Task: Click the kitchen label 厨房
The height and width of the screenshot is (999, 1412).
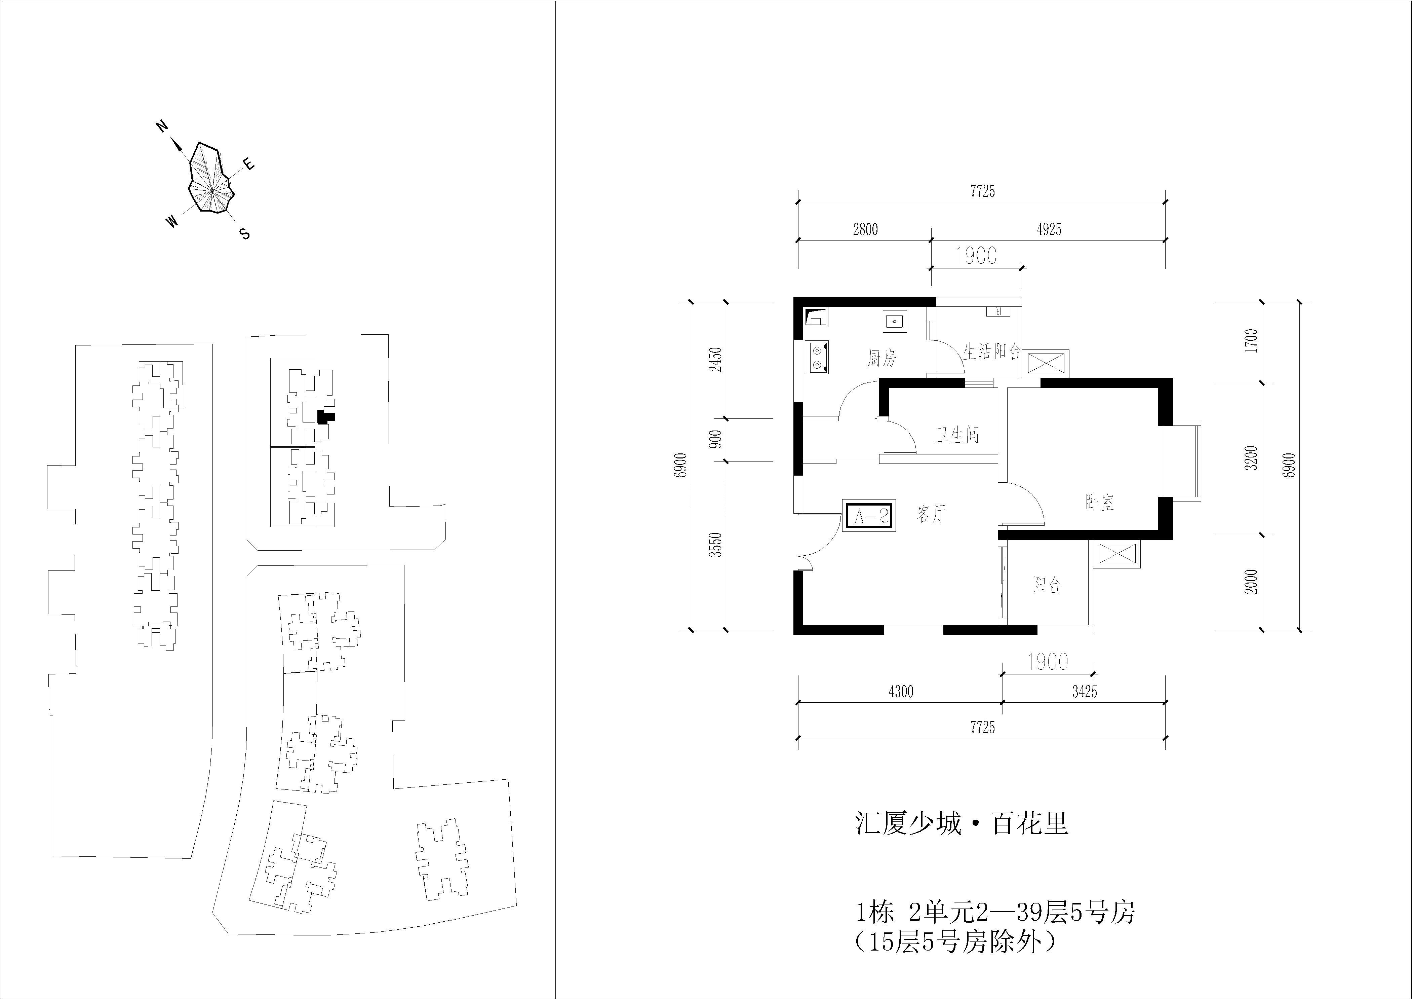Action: [882, 358]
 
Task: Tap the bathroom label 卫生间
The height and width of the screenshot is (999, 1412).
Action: [957, 435]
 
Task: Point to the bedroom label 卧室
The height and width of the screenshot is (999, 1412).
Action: [1100, 503]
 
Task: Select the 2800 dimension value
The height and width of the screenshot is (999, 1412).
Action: [865, 229]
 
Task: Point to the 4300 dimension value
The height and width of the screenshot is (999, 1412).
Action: [901, 692]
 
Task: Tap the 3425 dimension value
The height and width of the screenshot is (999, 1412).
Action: [1085, 692]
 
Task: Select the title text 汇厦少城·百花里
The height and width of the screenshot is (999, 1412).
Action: [962, 823]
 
